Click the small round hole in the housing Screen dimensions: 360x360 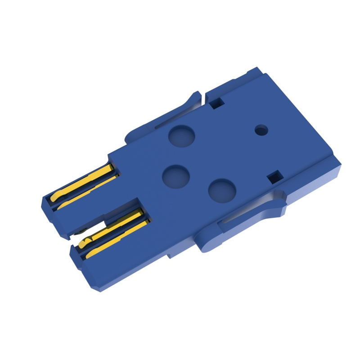pos(261,130)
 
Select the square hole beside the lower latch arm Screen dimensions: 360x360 pos(274,177)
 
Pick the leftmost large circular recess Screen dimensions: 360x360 pos(175,176)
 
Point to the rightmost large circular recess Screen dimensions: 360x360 pos(222,190)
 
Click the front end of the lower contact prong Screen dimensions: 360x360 pos(83,270)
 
